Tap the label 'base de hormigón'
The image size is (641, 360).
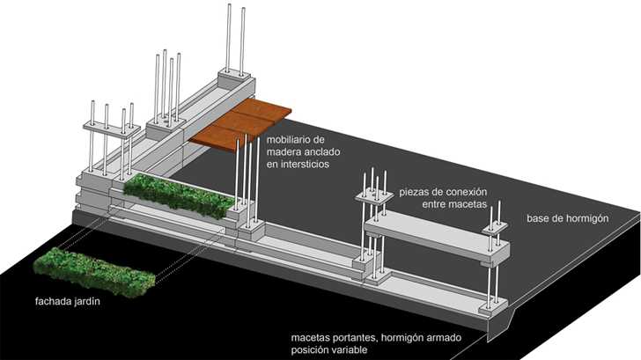[567, 217]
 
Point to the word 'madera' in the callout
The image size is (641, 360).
[285, 151]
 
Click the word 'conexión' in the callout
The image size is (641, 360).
[467, 191]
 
